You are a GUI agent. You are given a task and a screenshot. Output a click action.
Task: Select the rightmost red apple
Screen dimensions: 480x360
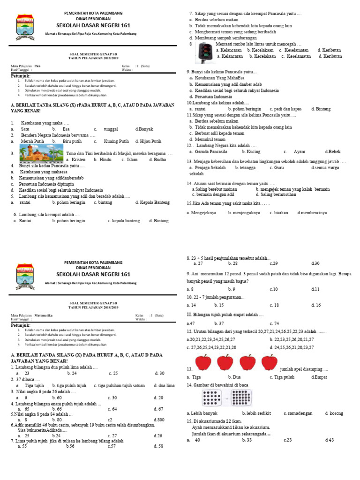click(269, 363)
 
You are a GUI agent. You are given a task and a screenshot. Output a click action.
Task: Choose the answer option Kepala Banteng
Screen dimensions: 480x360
click(153, 202)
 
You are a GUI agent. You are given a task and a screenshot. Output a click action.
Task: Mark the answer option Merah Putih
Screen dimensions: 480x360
click(33, 141)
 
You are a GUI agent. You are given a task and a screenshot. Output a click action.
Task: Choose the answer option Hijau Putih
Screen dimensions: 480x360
click(150, 141)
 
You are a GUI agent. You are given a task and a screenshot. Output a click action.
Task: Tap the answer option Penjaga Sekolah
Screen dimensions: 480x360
click(210, 167)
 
